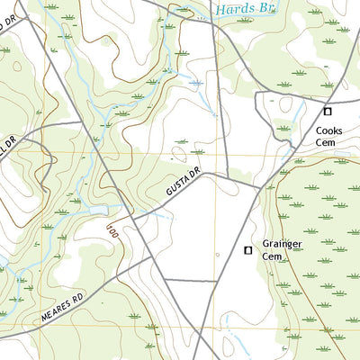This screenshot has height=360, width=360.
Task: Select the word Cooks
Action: [x=328, y=130]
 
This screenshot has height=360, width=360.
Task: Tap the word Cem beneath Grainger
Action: [x=273, y=256]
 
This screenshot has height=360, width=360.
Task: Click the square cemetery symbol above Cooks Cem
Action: [x=328, y=112]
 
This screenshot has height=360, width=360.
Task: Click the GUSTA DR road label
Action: [x=180, y=186]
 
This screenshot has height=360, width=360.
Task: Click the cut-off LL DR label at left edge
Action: [x=8, y=147]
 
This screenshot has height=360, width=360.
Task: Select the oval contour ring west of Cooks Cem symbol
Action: [x=285, y=105]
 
